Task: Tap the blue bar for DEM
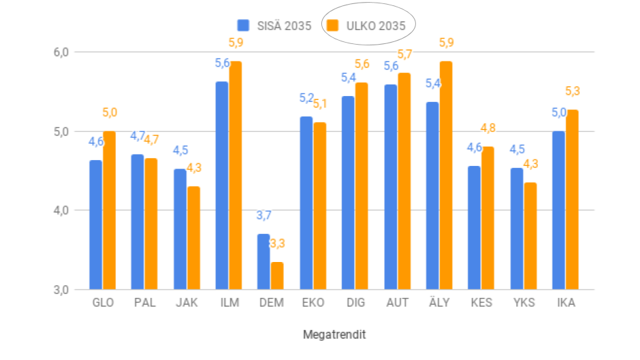tap(263, 261)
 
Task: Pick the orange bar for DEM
tap(277, 275)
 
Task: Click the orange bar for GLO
tap(109, 210)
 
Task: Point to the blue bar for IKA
tap(559, 210)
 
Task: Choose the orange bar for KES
tap(488, 218)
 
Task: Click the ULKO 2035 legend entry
tap(368, 26)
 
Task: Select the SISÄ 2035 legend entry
tap(274, 26)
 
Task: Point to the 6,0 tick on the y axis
tap(62, 52)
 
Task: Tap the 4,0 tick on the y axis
tap(62, 210)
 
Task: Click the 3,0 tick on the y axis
tap(62, 289)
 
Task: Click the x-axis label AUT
tap(397, 303)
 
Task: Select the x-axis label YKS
tap(523, 303)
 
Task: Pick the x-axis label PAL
tap(145, 303)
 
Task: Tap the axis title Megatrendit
tap(334, 335)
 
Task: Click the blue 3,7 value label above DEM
tap(264, 215)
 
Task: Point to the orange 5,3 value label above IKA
tap(572, 91)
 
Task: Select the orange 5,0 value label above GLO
tap(109, 113)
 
